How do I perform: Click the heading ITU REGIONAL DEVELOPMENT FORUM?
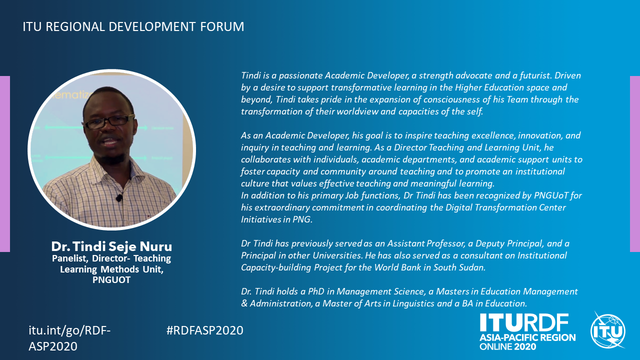tap(133, 26)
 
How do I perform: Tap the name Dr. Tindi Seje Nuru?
tap(111, 246)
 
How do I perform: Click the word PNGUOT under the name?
tap(111, 279)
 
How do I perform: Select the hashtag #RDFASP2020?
tap(205, 330)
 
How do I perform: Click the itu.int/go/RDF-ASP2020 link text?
tap(69, 338)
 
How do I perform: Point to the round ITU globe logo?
tap(607, 330)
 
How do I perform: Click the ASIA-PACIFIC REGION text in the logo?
tap(527, 337)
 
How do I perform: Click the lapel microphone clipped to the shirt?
tap(119, 197)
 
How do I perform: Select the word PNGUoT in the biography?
tap(550, 195)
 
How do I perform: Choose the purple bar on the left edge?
tap(5, 164)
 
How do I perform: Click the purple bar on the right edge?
tap(635, 164)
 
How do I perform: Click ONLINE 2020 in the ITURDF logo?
tap(507, 346)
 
